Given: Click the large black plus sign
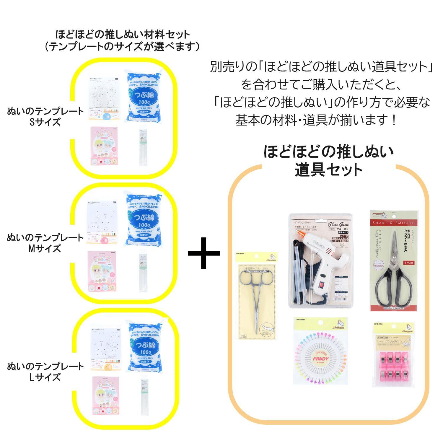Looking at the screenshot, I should tap(203, 253).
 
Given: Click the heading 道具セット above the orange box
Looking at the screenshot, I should tap(328, 170).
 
